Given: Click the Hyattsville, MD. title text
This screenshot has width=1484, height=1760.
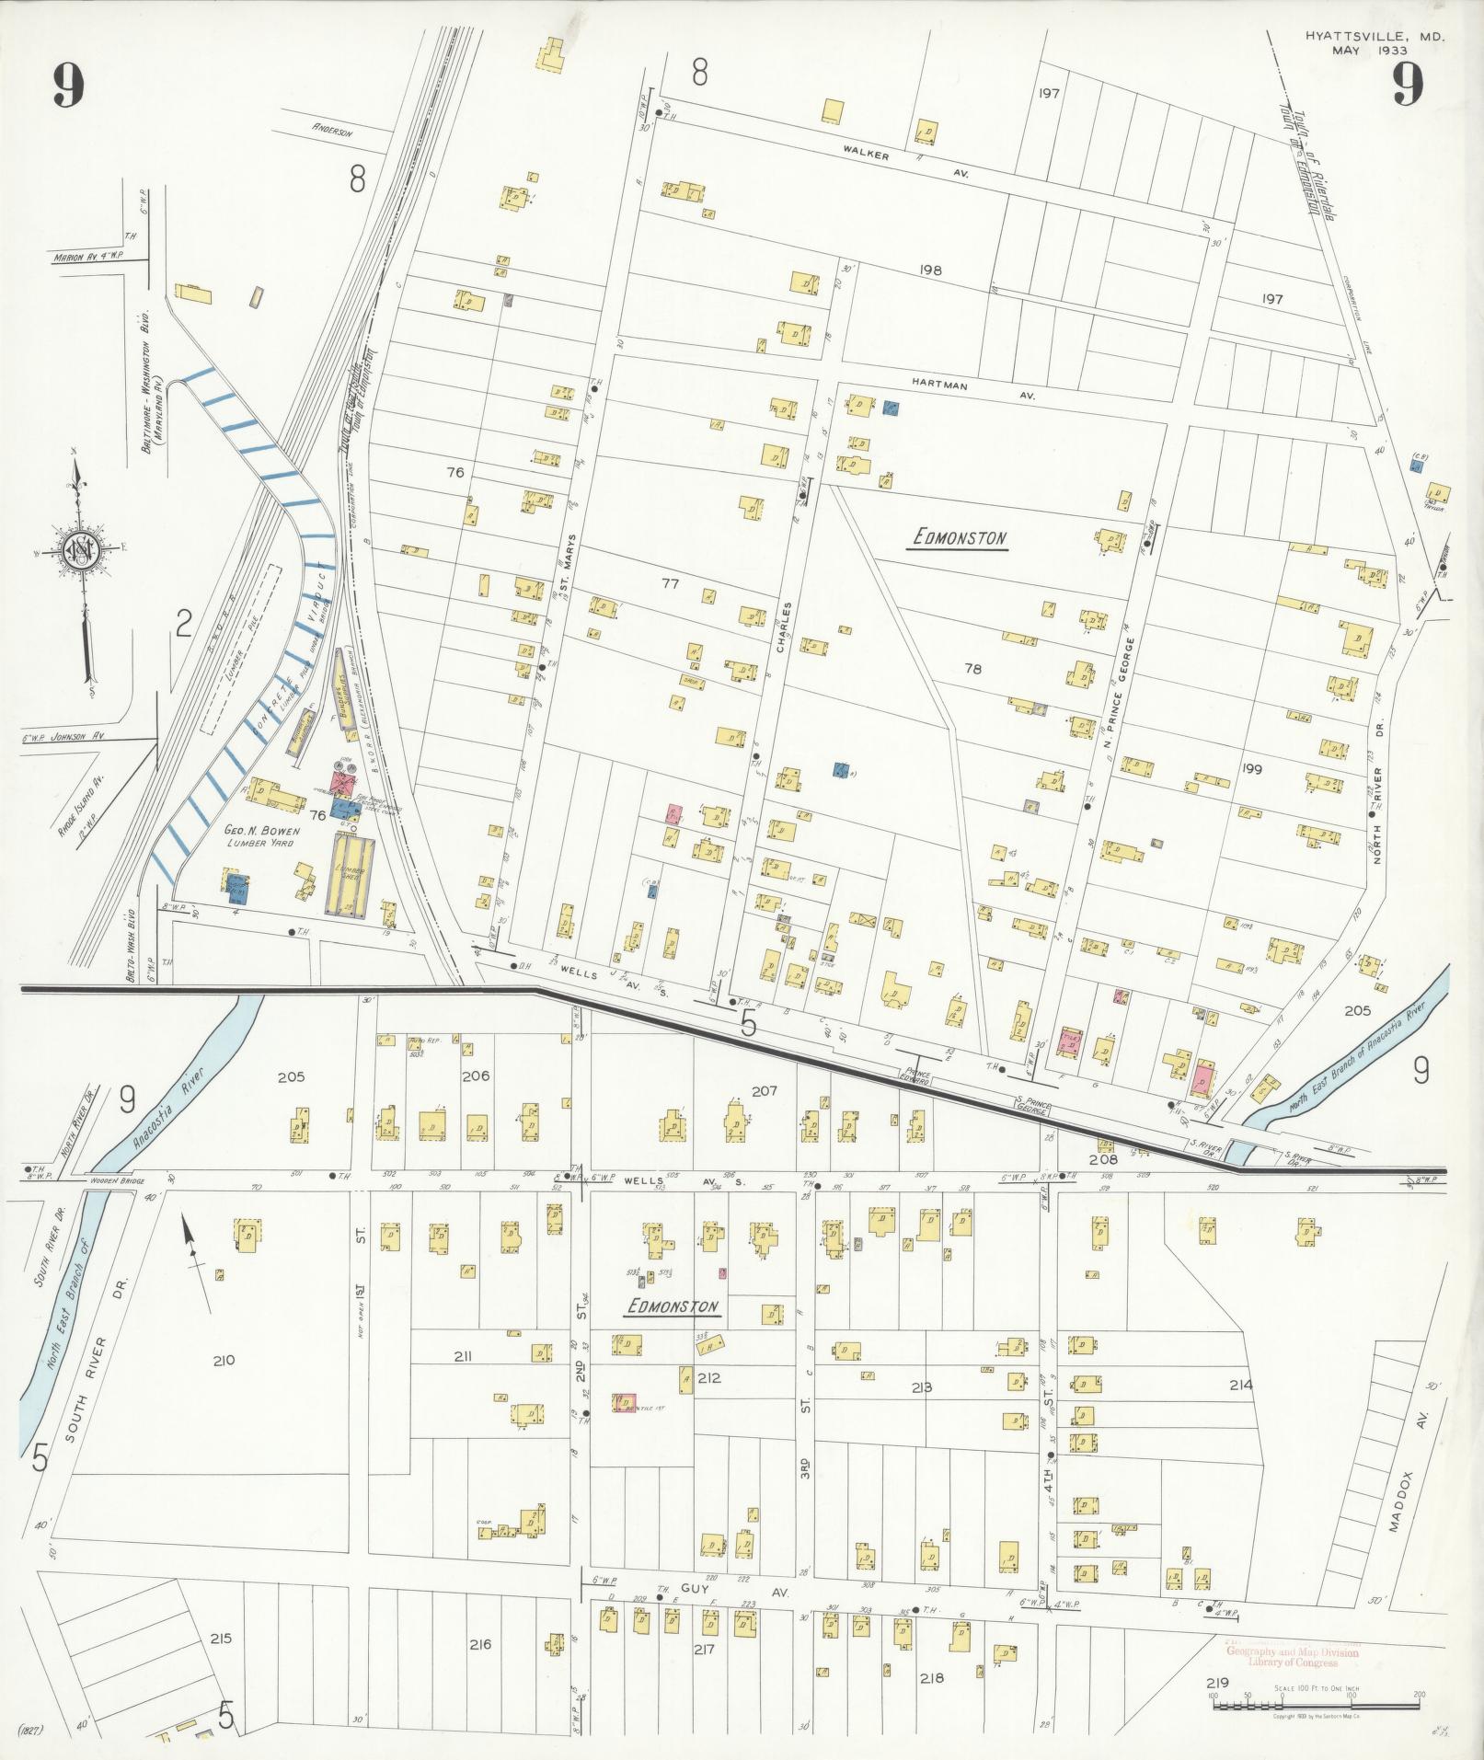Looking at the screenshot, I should tap(1374, 37).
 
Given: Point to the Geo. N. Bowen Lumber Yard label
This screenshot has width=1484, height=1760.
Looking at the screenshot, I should tap(262, 835).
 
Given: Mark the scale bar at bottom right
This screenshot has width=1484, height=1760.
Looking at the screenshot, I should tap(1315, 1705).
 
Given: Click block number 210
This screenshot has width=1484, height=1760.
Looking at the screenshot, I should tap(224, 1360).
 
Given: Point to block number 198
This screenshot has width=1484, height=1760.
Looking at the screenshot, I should tap(930, 270).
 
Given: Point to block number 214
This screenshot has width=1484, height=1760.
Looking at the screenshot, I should tap(1240, 1385).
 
